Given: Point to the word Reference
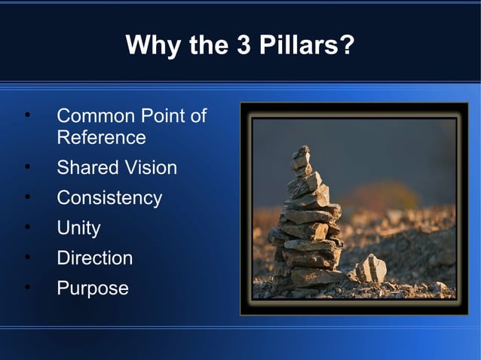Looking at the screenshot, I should pos(101,138).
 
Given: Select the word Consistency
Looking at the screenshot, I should pos(109,198).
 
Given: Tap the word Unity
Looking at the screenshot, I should pos(78,228).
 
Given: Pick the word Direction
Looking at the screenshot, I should pos(94,258).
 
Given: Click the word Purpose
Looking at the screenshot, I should pos(92,288).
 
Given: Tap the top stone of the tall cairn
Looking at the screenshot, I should pos(302,153).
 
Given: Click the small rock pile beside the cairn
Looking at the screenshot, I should pos(371,269).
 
